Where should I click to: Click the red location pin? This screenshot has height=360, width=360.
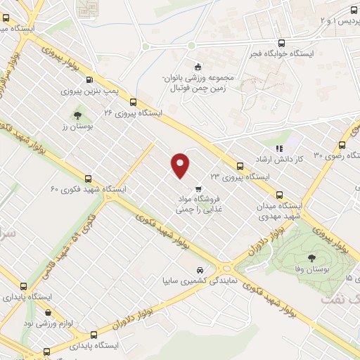pos(181,165)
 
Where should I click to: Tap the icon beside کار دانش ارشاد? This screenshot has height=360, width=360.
pos(278,149)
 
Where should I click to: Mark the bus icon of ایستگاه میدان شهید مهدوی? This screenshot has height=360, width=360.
pos(280,195)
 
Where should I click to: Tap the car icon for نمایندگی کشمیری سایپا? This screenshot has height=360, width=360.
pos(201,270)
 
